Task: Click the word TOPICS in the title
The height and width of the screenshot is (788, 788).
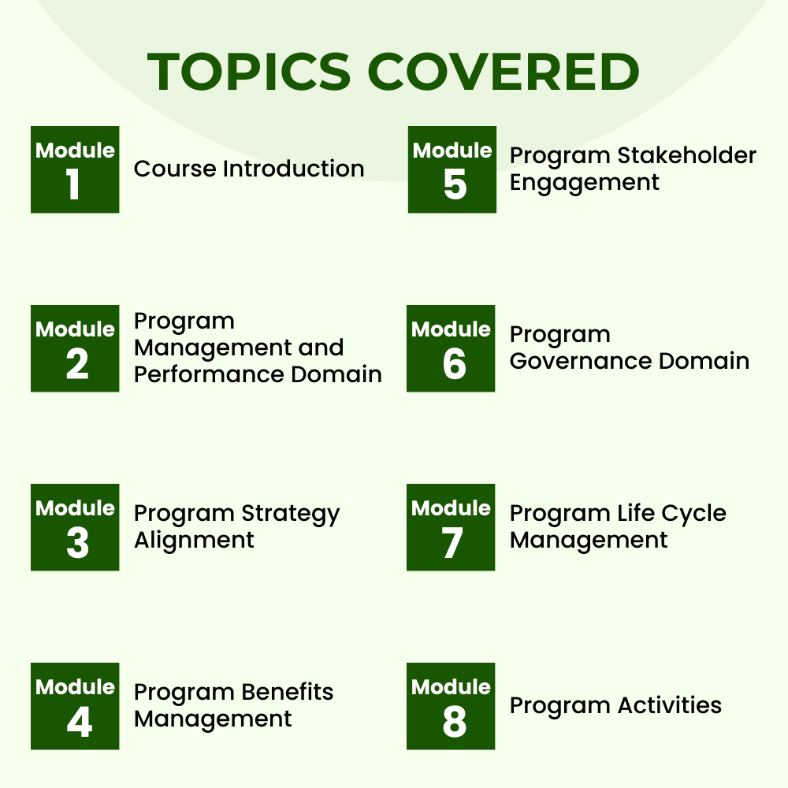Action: [x=249, y=72]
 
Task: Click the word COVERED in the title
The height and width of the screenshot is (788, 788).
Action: [x=504, y=72]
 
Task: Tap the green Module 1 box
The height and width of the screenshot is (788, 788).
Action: [x=75, y=169]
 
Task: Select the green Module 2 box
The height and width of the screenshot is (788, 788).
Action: [x=75, y=348]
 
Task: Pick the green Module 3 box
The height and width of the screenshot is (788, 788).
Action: [x=75, y=527]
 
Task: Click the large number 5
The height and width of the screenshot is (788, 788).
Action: [x=455, y=186]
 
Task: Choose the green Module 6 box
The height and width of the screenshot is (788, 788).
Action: [x=451, y=348]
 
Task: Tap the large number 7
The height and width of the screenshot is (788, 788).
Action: [x=452, y=544]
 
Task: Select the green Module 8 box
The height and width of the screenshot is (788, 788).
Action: [x=451, y=706]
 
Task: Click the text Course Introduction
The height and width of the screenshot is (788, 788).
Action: [x=249, y=169]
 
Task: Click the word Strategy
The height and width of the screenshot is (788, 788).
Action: [x=291, y=515]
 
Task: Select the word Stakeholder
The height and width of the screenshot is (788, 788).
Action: [x=686, y=155]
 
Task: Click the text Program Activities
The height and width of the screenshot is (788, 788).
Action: [x=615, y=705]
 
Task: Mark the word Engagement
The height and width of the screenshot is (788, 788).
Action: [x=584, y=183]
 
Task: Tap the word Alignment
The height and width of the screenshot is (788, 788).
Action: [x=194, y=541]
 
